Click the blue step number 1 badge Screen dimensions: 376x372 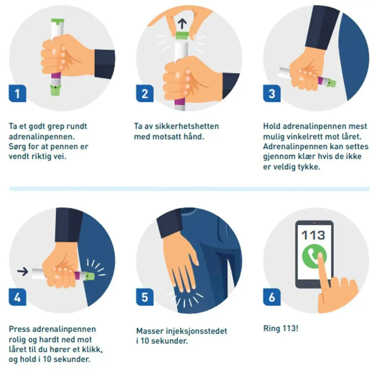pyautogui.click(x=17, y=93)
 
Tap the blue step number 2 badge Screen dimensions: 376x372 pyautogui.click(x=145, y=93)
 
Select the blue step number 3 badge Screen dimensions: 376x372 pyautogui.click(x=272, y=93)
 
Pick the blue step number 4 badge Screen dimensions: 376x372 pyautogui.click(x=17, y=297)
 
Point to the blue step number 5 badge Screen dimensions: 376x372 pyautogui.click(x=145, y=297)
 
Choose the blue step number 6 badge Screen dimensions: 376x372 pyautogui.click(x=272, y=297)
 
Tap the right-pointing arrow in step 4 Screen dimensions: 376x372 pyautogui.click(x=23, y=271)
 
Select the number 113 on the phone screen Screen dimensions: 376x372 pyautogui.click(x=313, y=235)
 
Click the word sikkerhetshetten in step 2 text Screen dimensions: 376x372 pyautogui.click(x=187, y=126)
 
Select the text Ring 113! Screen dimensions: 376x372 pyautogui.click(x=281, y=329)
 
